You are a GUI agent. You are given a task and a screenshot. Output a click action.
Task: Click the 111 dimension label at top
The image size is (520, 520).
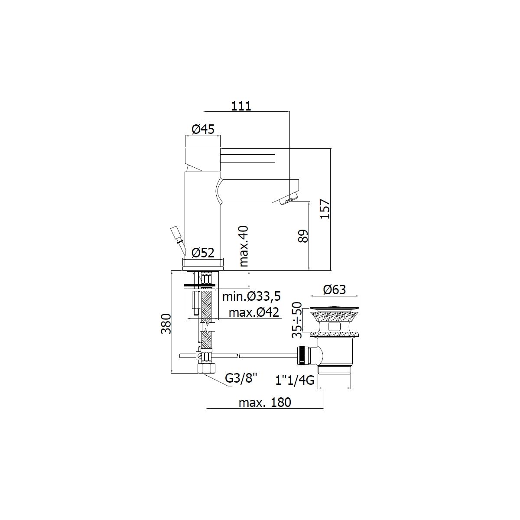click(241, 106)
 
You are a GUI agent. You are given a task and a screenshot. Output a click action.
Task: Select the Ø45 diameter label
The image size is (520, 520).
click(203, 130)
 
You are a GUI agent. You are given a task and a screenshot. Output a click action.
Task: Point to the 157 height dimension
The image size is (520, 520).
click(325, 209)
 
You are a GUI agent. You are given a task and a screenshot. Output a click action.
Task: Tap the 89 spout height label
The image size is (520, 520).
click(303, 236)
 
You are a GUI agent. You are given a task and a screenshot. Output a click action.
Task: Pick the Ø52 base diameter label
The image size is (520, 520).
click(203, 253)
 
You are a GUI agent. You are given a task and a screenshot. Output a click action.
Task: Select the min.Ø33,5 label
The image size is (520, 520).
click(251, 296)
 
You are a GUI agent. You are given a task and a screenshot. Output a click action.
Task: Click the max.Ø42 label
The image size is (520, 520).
click(253, 312)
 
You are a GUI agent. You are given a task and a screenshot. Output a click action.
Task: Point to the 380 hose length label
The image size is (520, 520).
click(166, 324)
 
